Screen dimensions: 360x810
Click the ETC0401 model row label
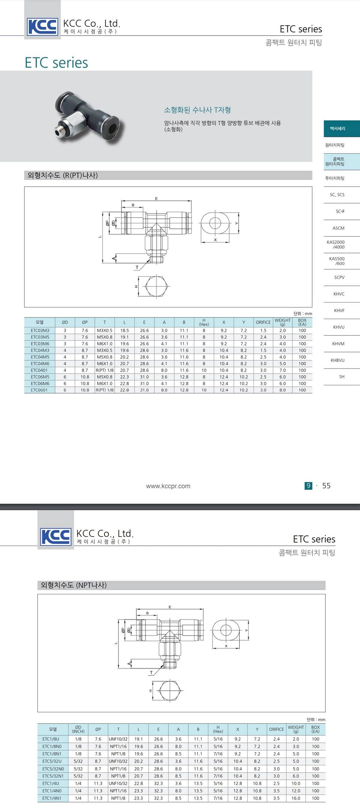click(39, 370)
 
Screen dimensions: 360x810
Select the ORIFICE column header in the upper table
click(263, 322)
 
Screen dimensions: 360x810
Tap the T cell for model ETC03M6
click(104, 344)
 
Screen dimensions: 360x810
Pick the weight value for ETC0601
click(283, 390)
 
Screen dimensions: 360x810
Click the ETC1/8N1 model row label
click(52, 754)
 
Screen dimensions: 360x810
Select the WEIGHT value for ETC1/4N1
click(296, 798)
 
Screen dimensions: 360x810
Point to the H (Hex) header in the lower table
click(218, 729)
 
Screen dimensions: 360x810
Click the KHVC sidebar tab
click(339, 294)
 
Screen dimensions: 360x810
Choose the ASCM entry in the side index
click(338, 228)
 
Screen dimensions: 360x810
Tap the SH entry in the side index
click(342, 377)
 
